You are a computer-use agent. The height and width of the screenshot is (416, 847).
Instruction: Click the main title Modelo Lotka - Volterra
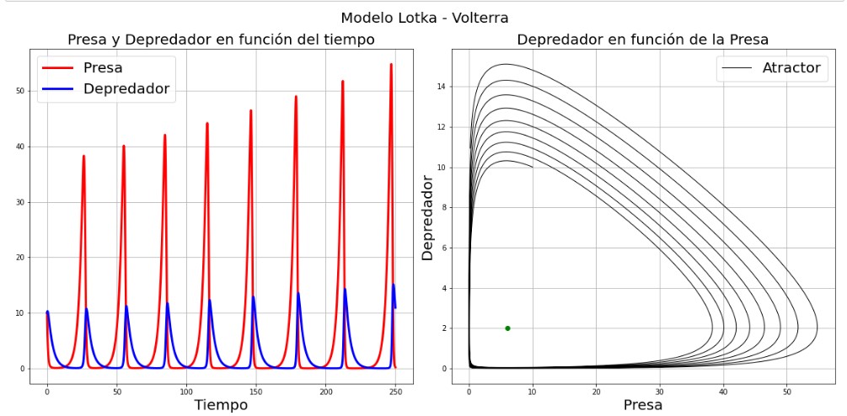(424, 18)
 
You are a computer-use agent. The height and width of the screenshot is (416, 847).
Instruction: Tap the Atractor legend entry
(791, 67)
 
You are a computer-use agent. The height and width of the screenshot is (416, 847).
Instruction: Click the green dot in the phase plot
(507, 328)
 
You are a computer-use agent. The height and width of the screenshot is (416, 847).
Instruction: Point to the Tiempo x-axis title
(221, 404)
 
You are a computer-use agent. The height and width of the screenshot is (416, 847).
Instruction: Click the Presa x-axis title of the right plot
(642, 404)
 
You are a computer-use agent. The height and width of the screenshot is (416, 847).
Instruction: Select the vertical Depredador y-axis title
(427, 217)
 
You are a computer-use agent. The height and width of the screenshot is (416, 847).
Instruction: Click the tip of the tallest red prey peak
(391, 65)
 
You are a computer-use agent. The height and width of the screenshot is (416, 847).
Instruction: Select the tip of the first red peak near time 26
(83, 156)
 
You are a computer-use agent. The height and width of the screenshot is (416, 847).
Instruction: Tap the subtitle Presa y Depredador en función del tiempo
(221, 40)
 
